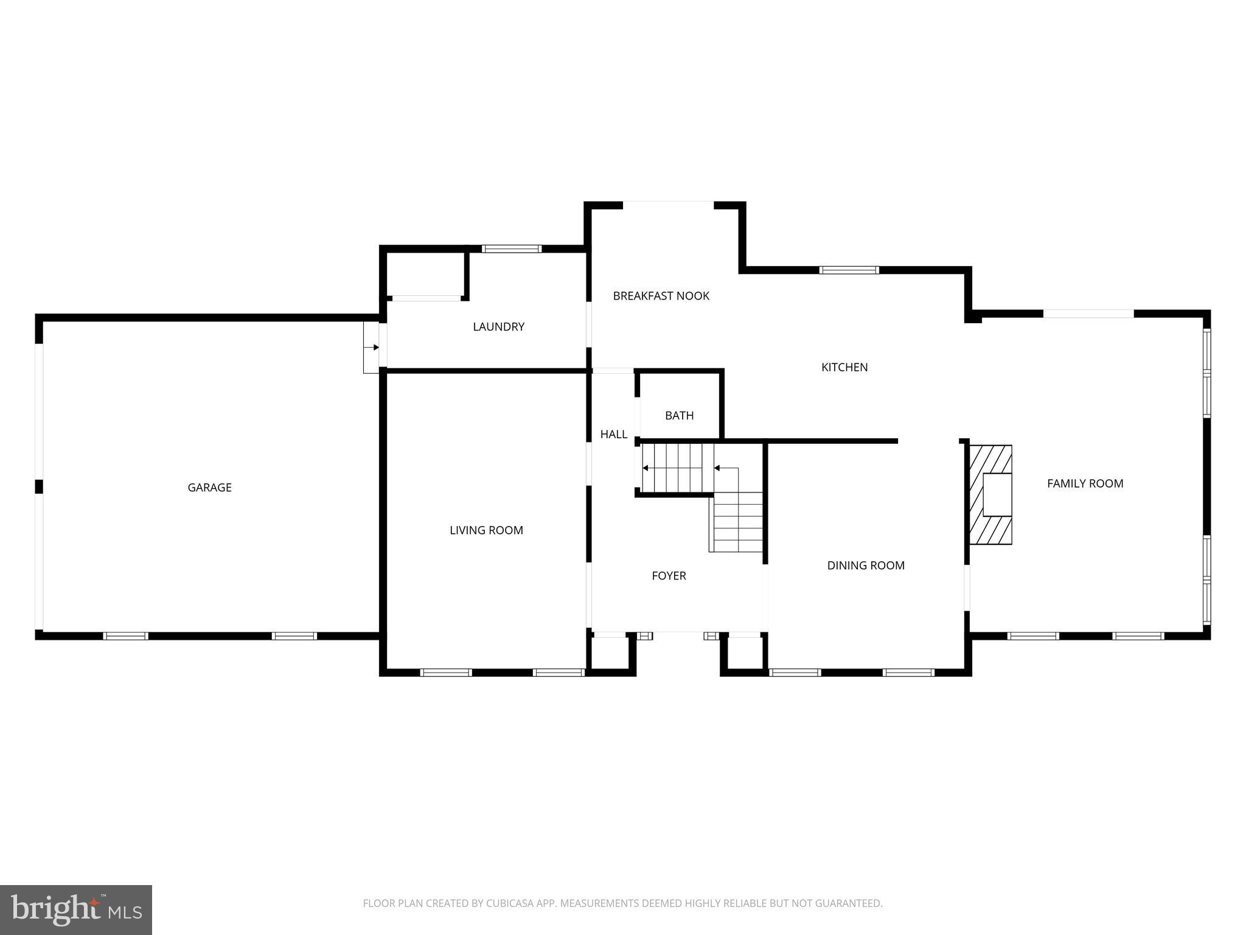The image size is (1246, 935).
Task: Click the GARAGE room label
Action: pos(209,488)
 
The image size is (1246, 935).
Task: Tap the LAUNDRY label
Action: pos(498,327)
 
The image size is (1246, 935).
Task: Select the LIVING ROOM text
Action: pos(486,530)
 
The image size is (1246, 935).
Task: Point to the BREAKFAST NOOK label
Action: pos(661,296)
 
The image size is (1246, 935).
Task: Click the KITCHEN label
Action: pos(844,367)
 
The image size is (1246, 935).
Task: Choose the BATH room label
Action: pos(679,416)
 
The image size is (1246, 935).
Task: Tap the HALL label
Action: pos(613,434)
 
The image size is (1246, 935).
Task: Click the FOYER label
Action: pos(669,576)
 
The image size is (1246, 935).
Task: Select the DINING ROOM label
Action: pos(865,566)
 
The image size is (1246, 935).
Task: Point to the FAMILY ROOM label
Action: pos(1085,483)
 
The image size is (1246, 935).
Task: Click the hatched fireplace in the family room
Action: pos(990,494)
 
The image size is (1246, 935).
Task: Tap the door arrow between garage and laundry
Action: pos(372,347)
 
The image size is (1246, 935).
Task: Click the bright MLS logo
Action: pos(76,910)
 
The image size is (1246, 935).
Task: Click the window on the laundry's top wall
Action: pos(512,248)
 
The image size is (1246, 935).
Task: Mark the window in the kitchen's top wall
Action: pos(849,270)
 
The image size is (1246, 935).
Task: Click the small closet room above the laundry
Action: pos(425,275)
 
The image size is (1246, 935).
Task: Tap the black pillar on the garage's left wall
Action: pos(39,486)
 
